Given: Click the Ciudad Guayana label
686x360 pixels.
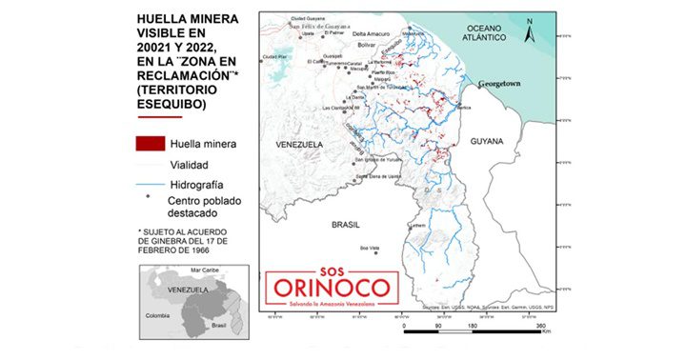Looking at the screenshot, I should coord(309,18).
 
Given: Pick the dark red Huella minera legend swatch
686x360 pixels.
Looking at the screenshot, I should coord(150,144).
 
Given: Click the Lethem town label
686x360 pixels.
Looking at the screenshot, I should coord(418,226).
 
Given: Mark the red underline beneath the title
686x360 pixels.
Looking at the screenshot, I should coord(159,118).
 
